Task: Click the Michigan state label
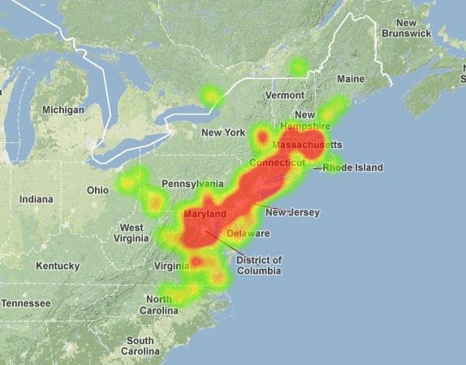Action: [63, 110]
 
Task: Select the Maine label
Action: [351, 79]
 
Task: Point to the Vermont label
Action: [284, 95]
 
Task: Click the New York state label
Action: [223, 133]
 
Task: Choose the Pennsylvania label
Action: [192, 184]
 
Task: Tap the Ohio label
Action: [97, 190]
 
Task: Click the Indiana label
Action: [36, 199]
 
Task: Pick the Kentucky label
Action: [58, 266]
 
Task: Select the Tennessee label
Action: [25, 303]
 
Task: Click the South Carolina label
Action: [140, 345]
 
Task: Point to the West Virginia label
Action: [132, 232]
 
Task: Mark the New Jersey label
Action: [292, 213]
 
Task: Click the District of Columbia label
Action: [258, 265]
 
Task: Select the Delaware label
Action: [248, 234]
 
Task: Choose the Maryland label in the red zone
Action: [205, 214]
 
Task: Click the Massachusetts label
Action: [308, 145]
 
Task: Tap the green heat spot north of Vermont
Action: [299, 67]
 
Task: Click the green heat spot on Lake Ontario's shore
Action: [211, 97]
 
